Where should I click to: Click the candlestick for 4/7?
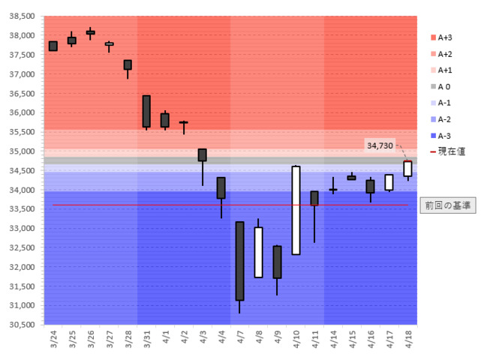point(239,261)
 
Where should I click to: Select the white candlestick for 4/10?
point(296,210)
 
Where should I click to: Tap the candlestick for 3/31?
point(146,111)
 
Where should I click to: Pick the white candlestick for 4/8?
point(258,252)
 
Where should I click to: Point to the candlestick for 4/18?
point(407,169)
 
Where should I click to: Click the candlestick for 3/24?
point(53,46)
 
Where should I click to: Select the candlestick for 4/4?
point(221,187)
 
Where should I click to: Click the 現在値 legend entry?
point(446,151)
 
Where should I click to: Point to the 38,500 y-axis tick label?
point(21,16)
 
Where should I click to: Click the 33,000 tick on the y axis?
point(21,228)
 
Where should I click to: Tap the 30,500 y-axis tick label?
point(21,325)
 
